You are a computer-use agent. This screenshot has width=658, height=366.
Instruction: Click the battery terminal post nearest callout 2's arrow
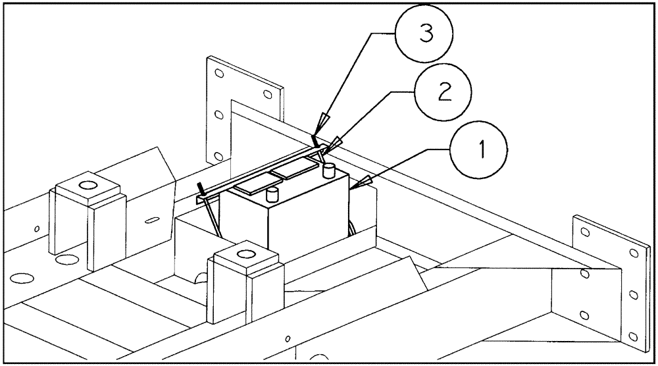329,171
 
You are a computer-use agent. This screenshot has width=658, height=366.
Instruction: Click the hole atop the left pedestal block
85,186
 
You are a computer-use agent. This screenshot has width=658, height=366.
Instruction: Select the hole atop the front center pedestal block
247,253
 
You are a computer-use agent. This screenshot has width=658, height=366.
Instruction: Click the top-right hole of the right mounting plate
633,252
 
